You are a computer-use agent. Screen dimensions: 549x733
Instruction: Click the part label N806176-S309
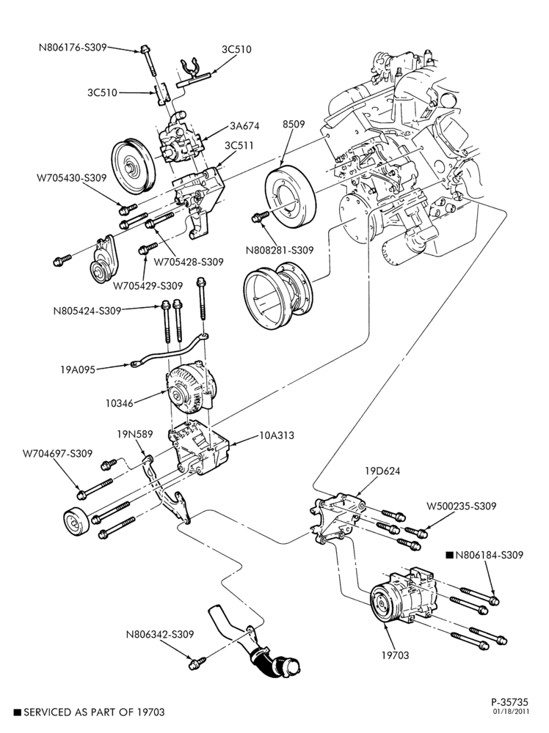[x=73, y=47]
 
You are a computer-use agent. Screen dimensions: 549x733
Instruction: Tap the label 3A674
[x=244, y=126]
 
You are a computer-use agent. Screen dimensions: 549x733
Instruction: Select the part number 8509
[x=294, y=124]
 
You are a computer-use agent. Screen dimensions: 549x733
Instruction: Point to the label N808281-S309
[x=280, y=251]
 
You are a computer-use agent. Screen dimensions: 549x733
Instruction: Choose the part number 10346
[x=120, y=403]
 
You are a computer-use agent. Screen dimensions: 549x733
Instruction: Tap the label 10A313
[x=277, y=435]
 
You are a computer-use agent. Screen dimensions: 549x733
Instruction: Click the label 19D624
[x=382, y=471]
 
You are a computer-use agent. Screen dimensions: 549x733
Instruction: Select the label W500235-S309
[x=461, y=506]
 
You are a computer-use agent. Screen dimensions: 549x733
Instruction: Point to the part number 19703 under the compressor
[x=395, y=656]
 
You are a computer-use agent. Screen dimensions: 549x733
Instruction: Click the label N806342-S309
[x=159, y=634]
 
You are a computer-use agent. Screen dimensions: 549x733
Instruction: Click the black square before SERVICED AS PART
[x=18, y=712]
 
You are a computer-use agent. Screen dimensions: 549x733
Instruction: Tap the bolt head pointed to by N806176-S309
[x=145, y=49]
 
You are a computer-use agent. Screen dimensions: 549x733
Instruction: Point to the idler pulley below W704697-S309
[x=77, y=522]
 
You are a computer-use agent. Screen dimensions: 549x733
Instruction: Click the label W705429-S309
[x=148, y=286]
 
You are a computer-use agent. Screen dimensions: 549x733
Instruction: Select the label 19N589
[x=135, y=434]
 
